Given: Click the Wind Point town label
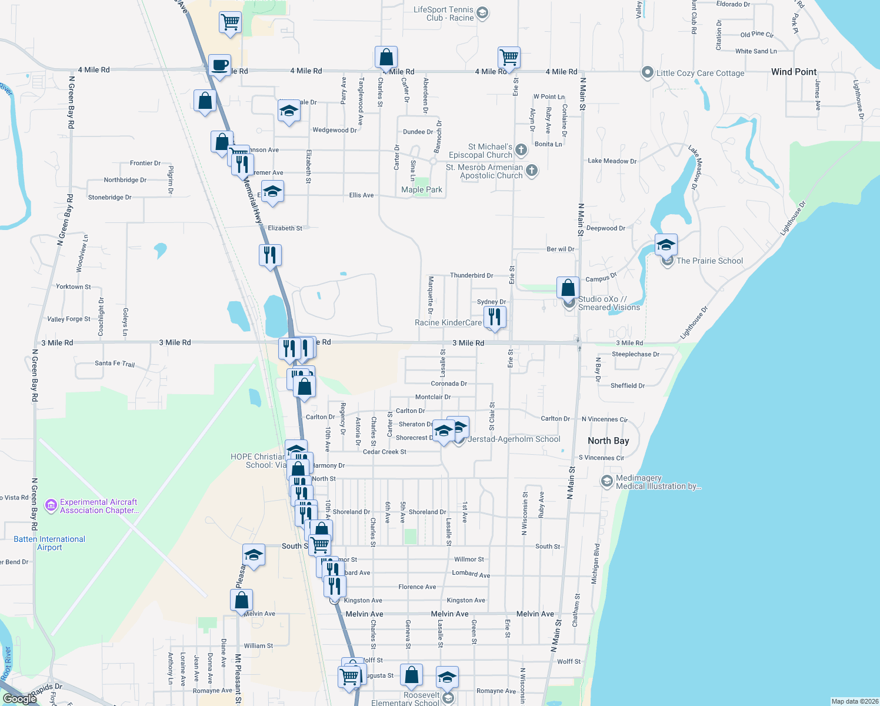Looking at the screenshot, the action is (794, 72).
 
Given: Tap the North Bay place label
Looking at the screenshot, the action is (608, 441).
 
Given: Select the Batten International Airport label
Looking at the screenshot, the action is (49, 543).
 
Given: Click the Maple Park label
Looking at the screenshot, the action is (421, 189).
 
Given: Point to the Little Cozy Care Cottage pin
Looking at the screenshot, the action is (647, 72).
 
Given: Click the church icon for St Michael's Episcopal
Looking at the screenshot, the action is (521, 150).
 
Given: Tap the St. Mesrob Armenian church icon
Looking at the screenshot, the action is (531, 171).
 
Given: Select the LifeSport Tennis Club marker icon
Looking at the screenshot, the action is (482, 13).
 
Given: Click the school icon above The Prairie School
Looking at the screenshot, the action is (666, 244).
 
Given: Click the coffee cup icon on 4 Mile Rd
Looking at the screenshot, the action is (219, 65).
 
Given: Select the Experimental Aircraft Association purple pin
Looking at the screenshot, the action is (51, 505).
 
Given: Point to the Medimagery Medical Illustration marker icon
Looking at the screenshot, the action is (606, 481).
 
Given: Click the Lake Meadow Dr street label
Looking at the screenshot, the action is (612, 161).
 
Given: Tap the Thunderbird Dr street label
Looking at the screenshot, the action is (471, 275).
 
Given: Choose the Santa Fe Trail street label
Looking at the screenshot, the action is (115, 364).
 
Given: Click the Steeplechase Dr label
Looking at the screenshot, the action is (635, 354).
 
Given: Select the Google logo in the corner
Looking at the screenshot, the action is (20, 698).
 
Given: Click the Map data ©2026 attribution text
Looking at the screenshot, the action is (855, 701).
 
